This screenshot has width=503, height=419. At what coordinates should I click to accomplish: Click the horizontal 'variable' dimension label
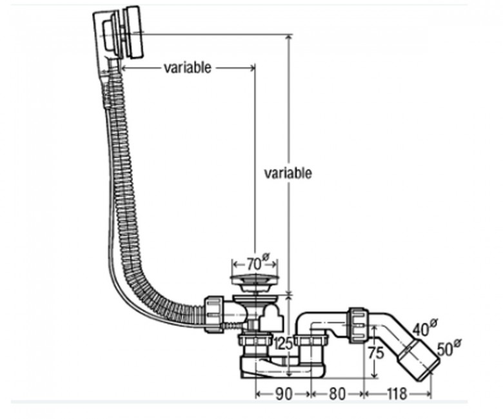click(x=188, y=68)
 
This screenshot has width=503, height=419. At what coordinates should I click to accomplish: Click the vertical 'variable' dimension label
click(x=288, y=173)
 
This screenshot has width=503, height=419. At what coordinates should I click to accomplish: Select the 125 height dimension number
click(x=283, y=344)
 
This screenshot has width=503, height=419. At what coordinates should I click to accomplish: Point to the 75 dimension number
click(x=376, y=353)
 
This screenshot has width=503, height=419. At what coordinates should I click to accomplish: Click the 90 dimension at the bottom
click(x=284, y=394)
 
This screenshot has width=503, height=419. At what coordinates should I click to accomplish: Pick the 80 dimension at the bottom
click(x=337, y=394)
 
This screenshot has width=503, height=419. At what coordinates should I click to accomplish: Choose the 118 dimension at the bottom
click(x=397, y=394)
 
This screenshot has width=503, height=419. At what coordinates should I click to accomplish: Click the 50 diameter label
click(x=448, y=348)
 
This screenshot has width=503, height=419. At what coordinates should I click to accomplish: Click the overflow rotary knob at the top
click(x=133, y=32)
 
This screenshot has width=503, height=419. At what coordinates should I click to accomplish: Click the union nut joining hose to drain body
click(x=213, y=315)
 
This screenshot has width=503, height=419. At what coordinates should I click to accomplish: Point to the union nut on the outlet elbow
click(x=358, y=325)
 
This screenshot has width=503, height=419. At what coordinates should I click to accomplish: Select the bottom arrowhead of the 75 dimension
click(x=373, y=375)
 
